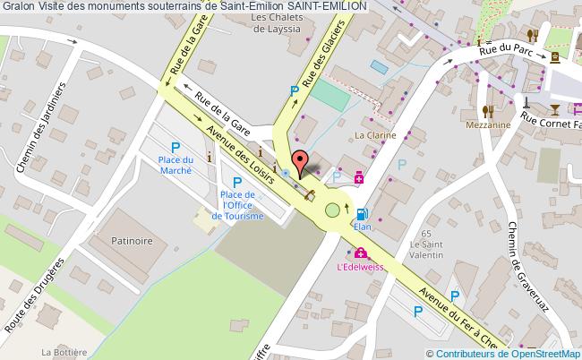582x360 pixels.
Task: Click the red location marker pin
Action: pyautogui.click(x=302, y=162)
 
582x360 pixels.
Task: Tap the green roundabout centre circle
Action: pyautogui.click(x=333, y=210)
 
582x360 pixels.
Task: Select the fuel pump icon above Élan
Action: pyautogui.click(x=362, y=214)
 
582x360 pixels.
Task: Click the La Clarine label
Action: pyautogui.click(x=375, y=136)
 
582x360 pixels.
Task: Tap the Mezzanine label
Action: pyautogui.click(x=487, y=125)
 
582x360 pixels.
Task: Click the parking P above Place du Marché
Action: pyautogui.click(x=175, y=148)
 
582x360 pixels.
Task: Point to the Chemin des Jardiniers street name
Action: pyautogui.click(x=49, y=120)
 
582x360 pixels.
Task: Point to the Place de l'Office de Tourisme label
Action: pyautogui.click(x=237, y=205)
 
